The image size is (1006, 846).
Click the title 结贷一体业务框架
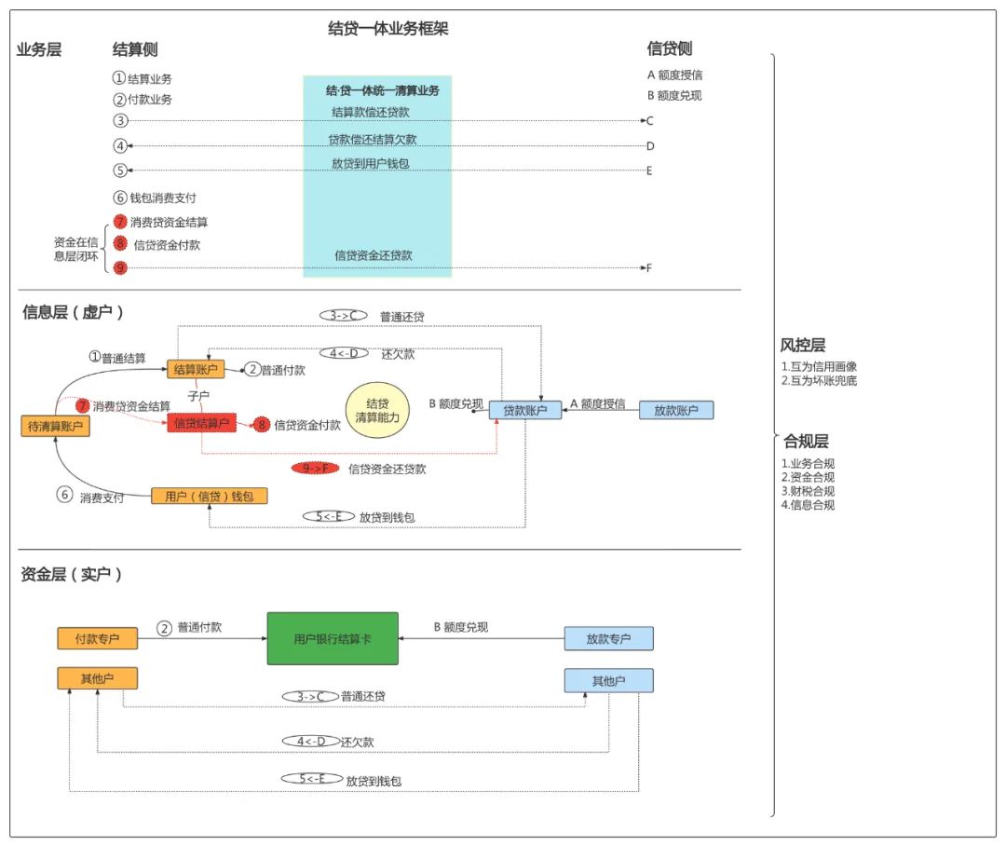pyautogui.click(x=388, y=29)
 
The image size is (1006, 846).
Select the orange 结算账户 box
pyautogui.click(x=196, y=370)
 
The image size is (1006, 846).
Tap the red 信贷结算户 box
pyautogui.click(x=202, y=424)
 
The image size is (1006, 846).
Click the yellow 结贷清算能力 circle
pyautogui.click(x=377, y=411)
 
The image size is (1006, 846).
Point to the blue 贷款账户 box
pyautogui.click(x=525, y=410)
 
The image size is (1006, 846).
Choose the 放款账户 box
pyautogui.click(x=676, y=410)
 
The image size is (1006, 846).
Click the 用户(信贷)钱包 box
pyautogui.click(x=209, y=496)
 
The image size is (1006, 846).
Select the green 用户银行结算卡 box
pyautogui.click(x=333, y=638)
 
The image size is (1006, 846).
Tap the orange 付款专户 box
pyautogui.click(x=97, y=638)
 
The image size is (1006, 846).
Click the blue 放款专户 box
pyautogui.click(x=608, y=638)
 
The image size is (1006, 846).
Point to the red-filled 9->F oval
pyautogui.click(x=315, y=468)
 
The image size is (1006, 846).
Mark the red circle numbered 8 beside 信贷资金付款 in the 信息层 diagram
pyautogui.click(x=262, y=425)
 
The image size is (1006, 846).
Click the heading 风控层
pyautogui.click(x=803, y=346)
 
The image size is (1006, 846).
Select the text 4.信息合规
pyautogui.click(x=808, y=505)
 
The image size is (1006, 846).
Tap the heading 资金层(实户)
pyautogui.click(x=72, y=575)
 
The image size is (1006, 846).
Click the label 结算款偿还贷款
pyautogui.click(x=370, y=112)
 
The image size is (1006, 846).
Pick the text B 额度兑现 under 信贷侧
pyautogui.click(x=674, y=95)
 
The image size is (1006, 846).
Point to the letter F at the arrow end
pyautogui.click(x=649, y=268)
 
